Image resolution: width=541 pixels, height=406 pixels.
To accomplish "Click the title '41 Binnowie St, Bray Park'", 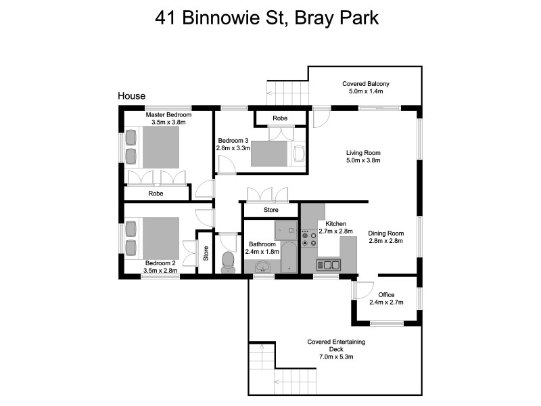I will click(x=266, y=18).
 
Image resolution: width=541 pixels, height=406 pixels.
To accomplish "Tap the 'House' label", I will click(x=131, y=96).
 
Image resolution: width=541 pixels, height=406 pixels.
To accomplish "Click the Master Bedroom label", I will click(x=168, y=115).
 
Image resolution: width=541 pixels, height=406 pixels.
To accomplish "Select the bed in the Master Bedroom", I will click(x=160, y=148).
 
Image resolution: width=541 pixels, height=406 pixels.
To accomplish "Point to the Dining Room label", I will click(x=385, y=233).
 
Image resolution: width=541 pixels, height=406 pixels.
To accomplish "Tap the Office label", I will click(x=387, y=294).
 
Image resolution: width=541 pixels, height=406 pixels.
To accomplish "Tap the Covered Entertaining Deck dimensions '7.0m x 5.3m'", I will click(x=331, y=357).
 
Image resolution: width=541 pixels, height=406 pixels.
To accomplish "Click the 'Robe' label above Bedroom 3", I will click(x=279, y=119).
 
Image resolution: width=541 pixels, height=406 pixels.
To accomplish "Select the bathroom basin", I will click(x=263, y=269).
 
